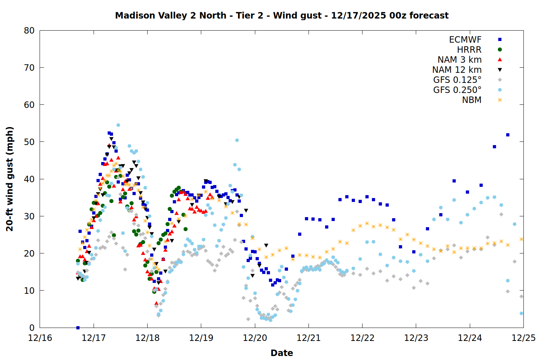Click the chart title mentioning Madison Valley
pos(282,15)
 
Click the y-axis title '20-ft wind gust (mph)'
pos(10,179)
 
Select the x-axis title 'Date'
pos(282,353)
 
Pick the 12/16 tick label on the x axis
pos(40,338)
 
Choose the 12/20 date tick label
pos(255,338)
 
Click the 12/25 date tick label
pos(523,338)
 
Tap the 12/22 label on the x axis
pos(362,338)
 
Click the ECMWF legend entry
pos(465,40)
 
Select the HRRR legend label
pos(469,50)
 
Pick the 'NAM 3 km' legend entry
pos(459,60)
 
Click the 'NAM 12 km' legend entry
pos(457,70)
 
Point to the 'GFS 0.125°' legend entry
pos(457,80)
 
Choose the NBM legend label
pos(472,100)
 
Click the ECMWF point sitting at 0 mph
pos(78,328)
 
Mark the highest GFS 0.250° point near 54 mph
pos(118,125)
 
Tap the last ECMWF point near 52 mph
pos(508,135)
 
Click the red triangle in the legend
pos(500,60)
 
